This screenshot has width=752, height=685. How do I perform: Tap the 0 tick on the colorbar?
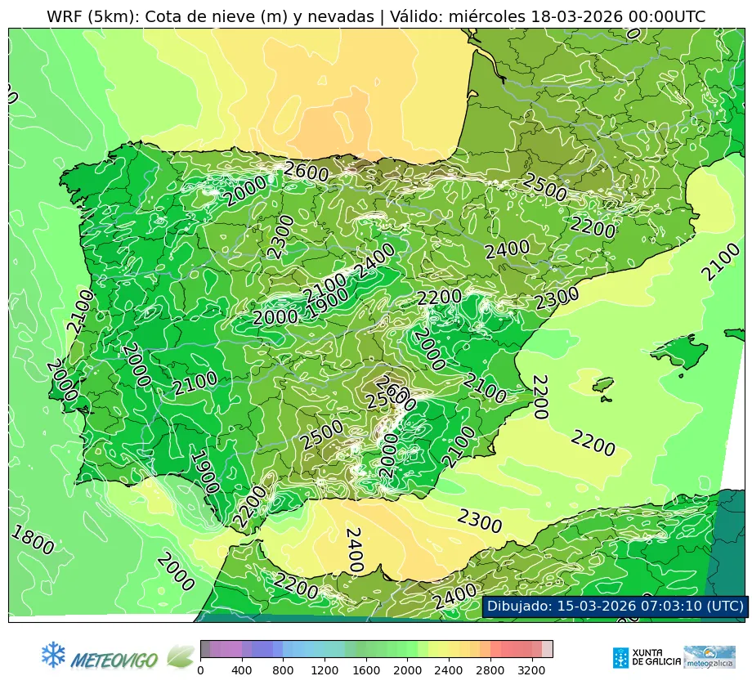pyautogui.click(x=200, y=670)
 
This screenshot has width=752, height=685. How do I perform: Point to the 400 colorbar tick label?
pyautogui.click(x=242, y=670)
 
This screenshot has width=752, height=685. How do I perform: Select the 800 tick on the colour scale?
pyautogui.click(x=283, y=670)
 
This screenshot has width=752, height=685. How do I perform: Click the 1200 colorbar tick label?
pyautogui.click(x=325, y=670)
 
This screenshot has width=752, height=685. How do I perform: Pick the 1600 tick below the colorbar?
pyautogui.click(x=366, y=670)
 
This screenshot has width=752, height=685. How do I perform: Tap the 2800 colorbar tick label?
pyautogui.click(x=490, y=670)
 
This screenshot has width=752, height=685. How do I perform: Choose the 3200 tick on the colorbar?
pyautogui.click(x=532, y=670)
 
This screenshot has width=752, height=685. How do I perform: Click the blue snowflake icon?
pyautogui.click(x=53, y=654)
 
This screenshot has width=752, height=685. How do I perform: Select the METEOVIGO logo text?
pyautogui.click(x=114, y=659)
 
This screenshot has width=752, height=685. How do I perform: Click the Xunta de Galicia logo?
pyautogui.click(x=646, y=657)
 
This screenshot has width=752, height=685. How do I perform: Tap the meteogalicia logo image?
pyautogui.click(x=709, y=657)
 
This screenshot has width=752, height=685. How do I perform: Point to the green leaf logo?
pyautogui.click(x=180, y=656)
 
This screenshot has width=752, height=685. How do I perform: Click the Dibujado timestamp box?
pyautogui.click(x=615, y=606)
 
